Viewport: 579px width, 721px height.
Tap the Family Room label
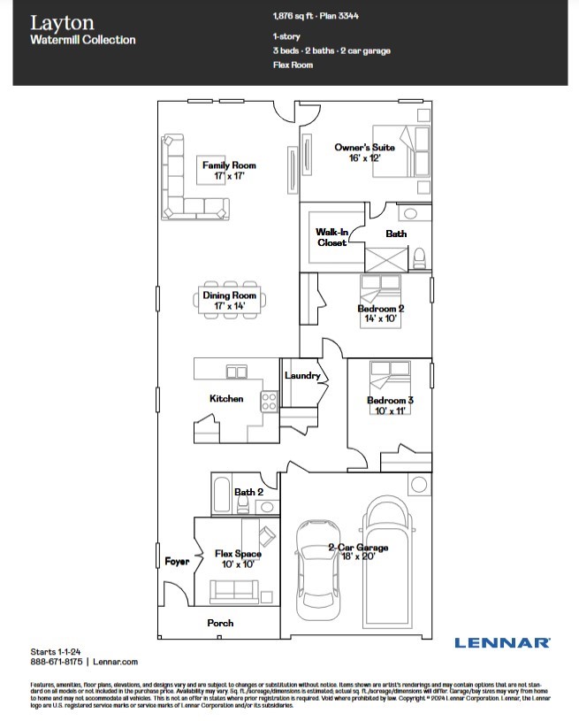228,165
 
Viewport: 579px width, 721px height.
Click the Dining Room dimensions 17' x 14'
228,306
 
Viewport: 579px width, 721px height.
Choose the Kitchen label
225,399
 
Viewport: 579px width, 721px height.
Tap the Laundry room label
302,376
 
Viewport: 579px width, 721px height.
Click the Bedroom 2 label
380,308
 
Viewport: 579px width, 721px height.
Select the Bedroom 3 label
390,401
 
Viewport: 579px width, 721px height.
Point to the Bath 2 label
248,492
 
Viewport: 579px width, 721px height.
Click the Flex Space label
238,554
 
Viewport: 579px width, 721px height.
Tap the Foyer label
177,562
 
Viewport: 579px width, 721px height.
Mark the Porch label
220,623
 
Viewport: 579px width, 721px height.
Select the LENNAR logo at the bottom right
502,643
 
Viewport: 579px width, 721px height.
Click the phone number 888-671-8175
57,661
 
